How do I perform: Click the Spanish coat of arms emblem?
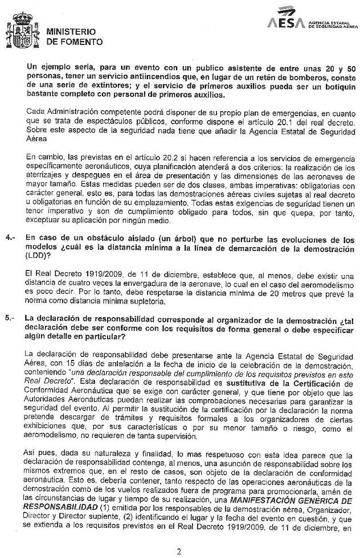coord(22,31)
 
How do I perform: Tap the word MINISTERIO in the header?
coord(71,31)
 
